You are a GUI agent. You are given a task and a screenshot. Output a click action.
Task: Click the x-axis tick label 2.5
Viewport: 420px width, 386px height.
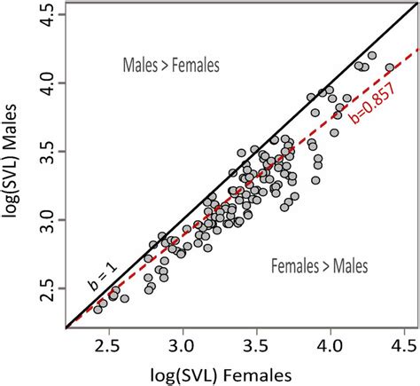(107, 342)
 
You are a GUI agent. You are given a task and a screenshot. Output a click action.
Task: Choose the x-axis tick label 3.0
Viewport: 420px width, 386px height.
(182, 342)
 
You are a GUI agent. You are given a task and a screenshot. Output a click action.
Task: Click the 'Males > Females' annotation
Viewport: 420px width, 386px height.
(168, 65)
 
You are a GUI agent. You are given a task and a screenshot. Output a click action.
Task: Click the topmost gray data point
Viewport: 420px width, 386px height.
(372, 55)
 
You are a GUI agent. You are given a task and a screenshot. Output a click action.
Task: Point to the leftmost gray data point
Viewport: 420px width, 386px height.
(97, 308)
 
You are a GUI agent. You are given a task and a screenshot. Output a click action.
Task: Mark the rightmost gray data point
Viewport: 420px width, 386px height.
(389, 67)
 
